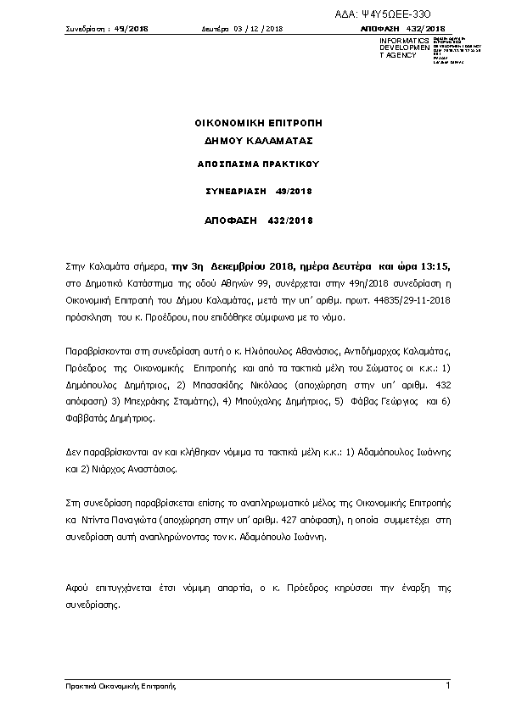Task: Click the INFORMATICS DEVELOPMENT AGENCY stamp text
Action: tap(398, 47)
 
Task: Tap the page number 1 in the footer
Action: tap(447, 684)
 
